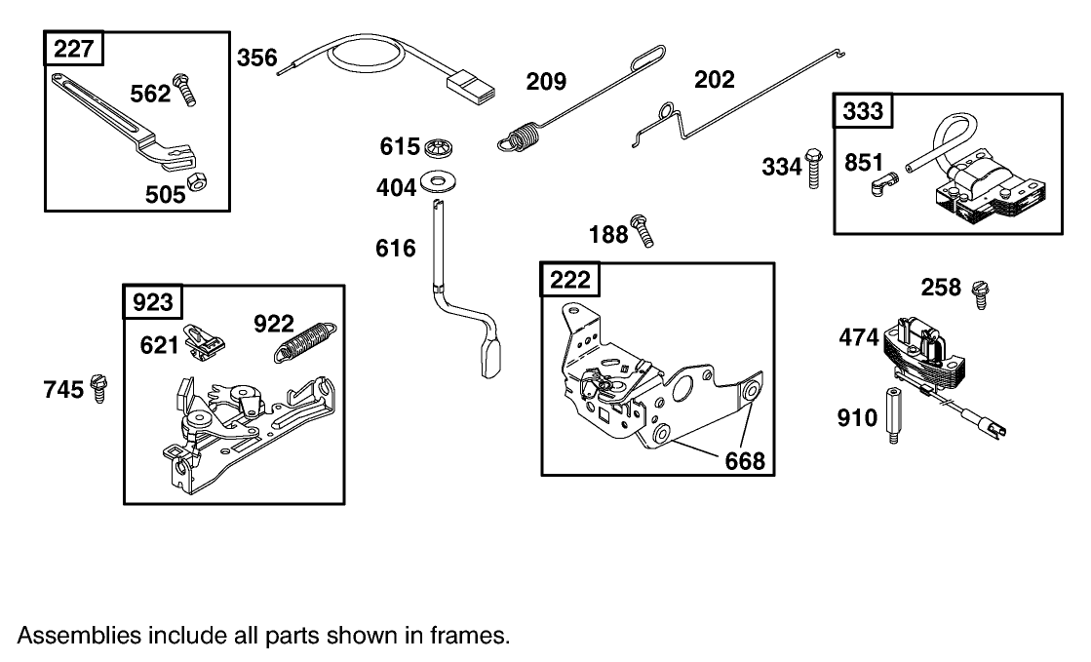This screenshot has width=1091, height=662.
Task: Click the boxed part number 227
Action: pos(75,49)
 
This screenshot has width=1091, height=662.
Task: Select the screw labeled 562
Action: pos(183,89)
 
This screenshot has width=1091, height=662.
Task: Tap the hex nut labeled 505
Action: pos(195,182)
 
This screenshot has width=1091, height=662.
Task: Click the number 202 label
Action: pos(714,79)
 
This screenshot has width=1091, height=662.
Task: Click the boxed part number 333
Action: pos(863,111)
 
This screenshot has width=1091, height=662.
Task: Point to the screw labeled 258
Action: pos(980,292)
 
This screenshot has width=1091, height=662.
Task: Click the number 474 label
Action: pos(860,337)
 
